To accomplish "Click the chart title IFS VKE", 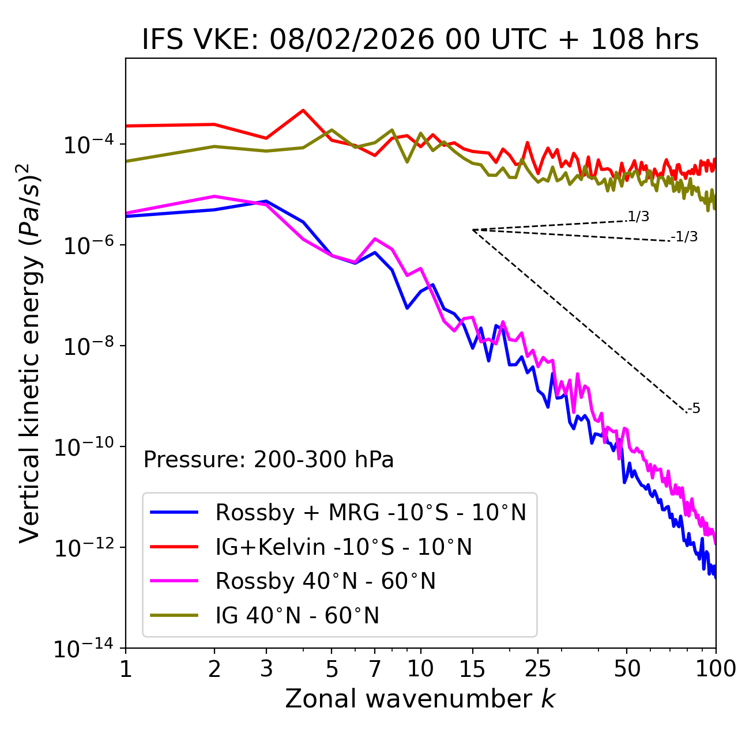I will click(x=420, y=40).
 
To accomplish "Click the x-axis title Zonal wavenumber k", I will click(x=420, y=699).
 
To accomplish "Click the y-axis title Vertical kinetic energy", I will click(x=31, y=352).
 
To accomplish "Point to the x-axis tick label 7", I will click(x=375, y=668).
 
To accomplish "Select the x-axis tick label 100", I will click(x=716, y=668).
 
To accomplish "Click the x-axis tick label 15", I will click(x=472, y=668).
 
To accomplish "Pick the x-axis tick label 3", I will click(x=266, y=668).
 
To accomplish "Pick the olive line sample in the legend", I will click(x=174, y=615).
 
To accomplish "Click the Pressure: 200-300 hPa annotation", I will click(x=269, y=460).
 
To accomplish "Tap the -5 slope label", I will click(x=694, y=408).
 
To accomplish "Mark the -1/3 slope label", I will click(x=685, y=237).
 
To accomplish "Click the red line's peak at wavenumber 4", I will click(x=303, y=110).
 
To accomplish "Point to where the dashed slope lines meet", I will click(x=473, y=230).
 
